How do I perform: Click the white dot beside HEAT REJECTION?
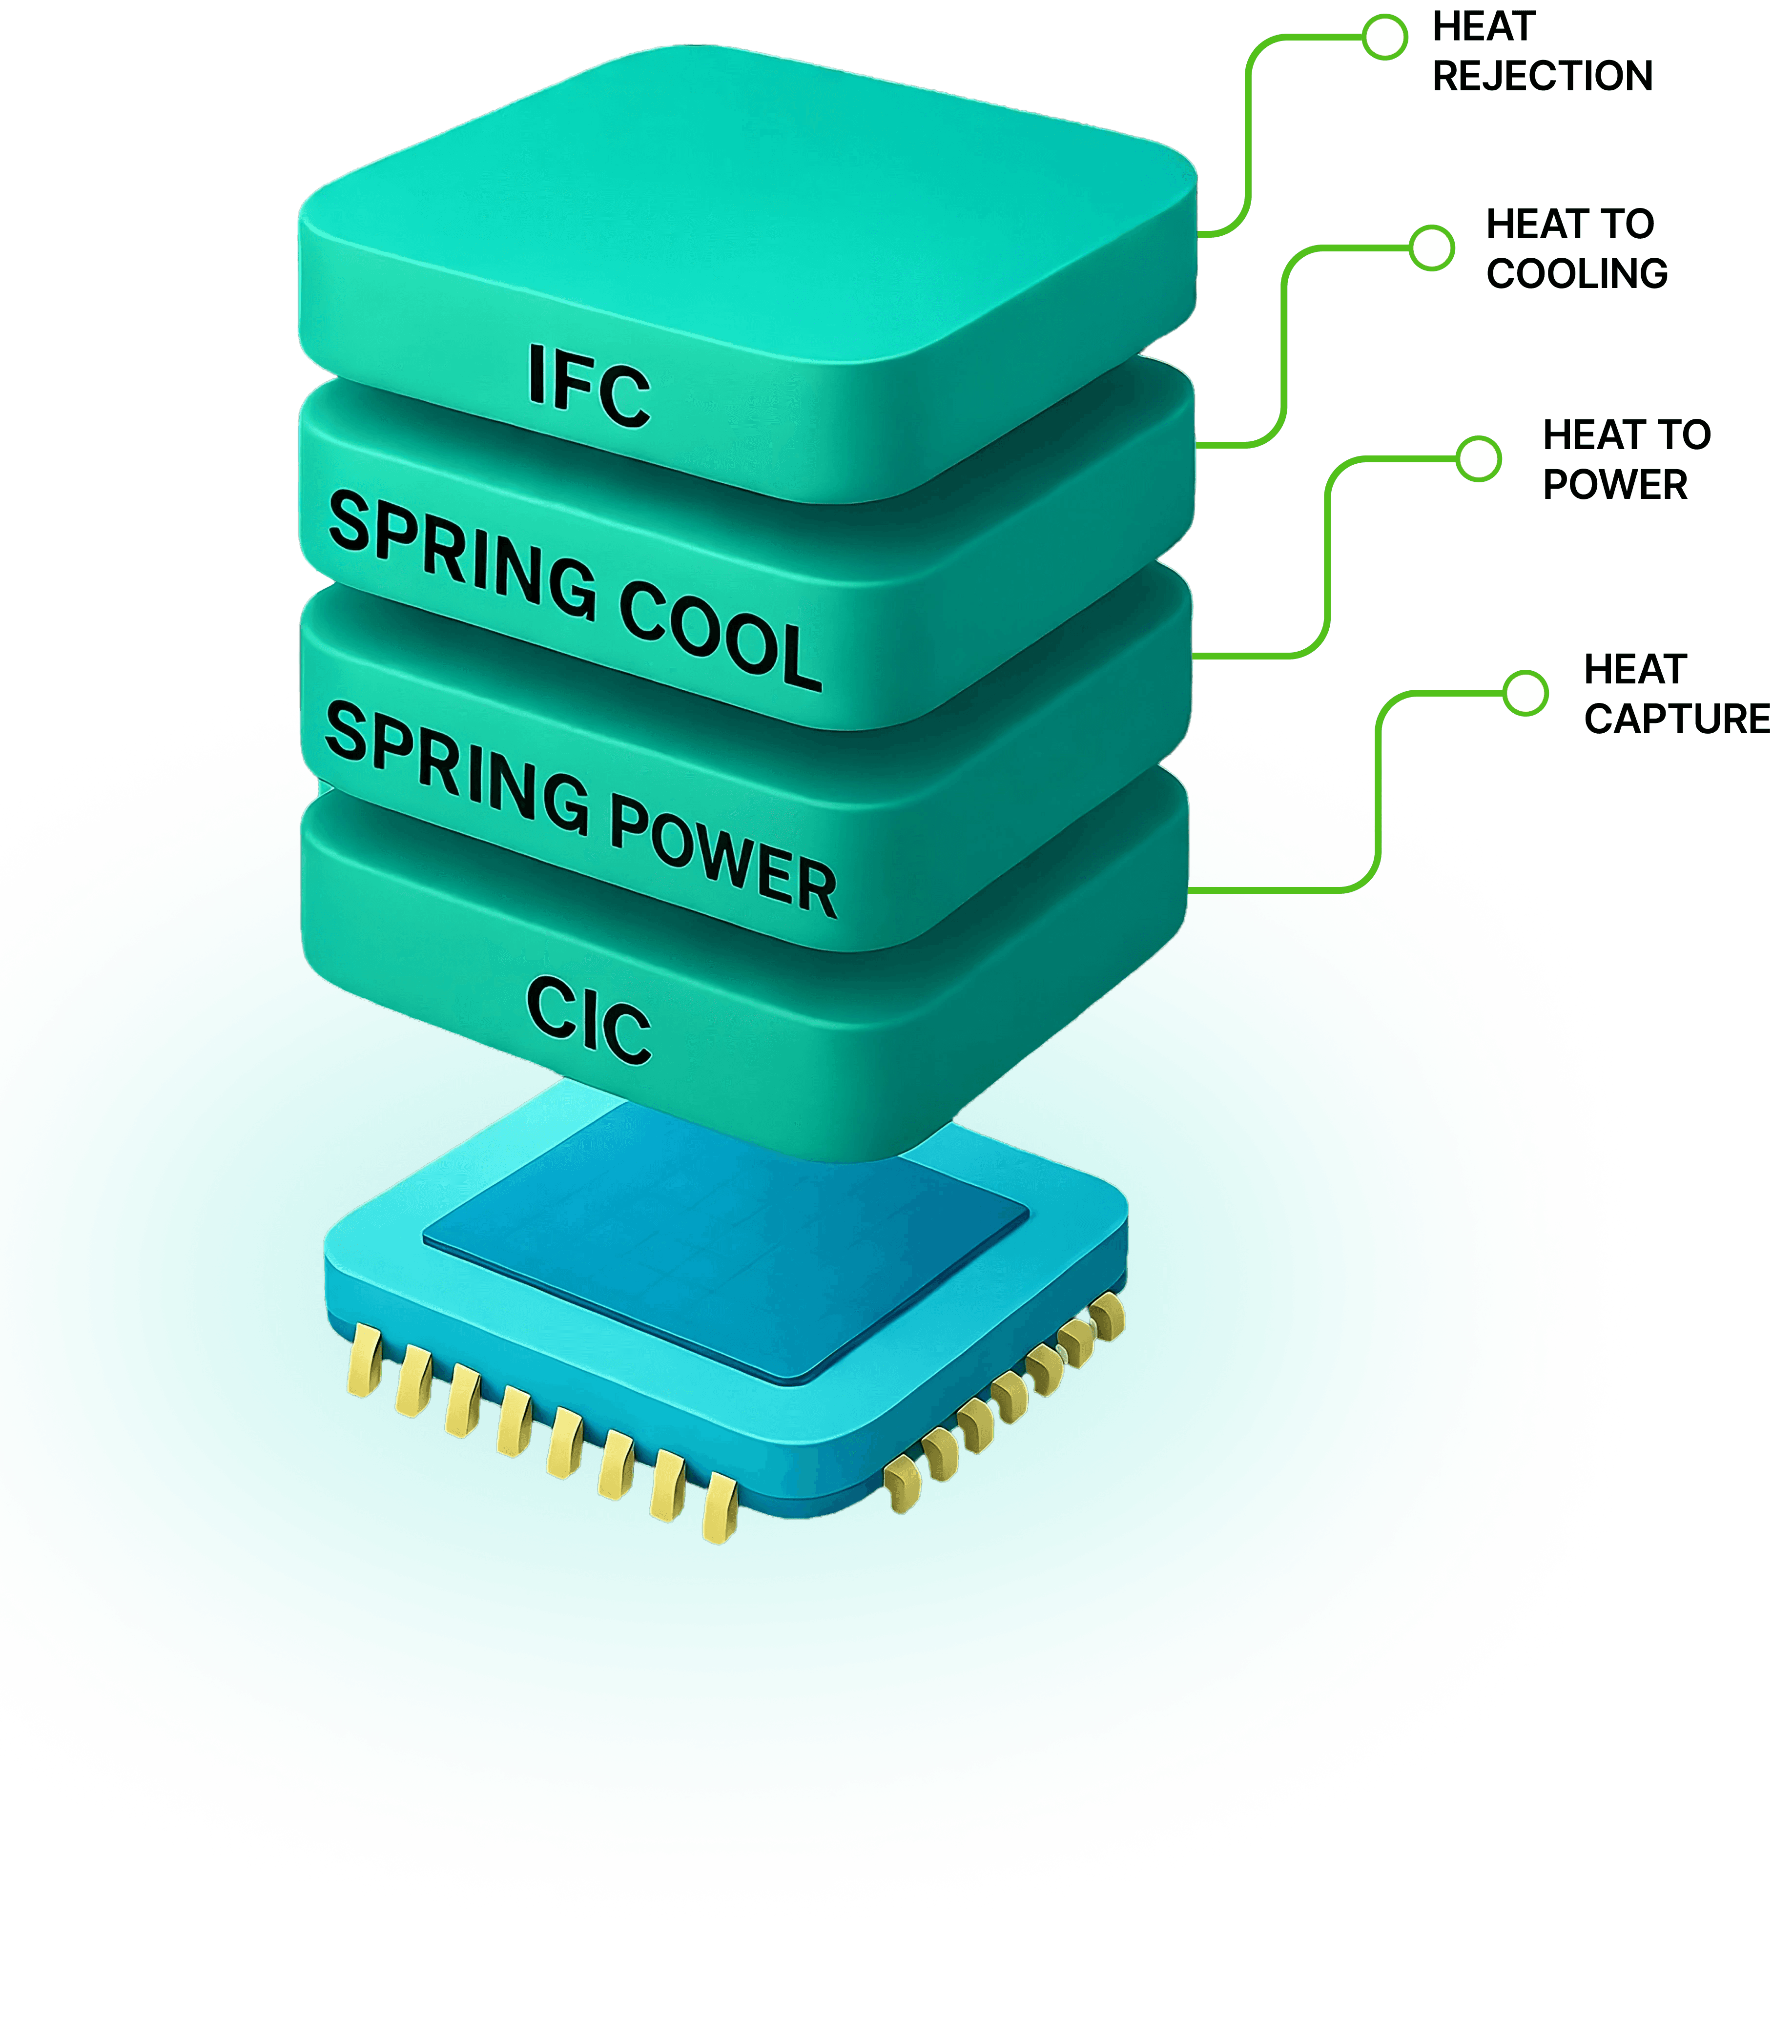click(x=1384, y=38)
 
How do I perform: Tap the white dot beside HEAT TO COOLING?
click(x=1431, y=248)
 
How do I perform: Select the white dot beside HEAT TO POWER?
click(x=1479, y=458)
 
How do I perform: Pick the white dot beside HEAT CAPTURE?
click(x=1525, y=693)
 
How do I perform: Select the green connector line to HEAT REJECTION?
click(x=1248, y=128)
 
